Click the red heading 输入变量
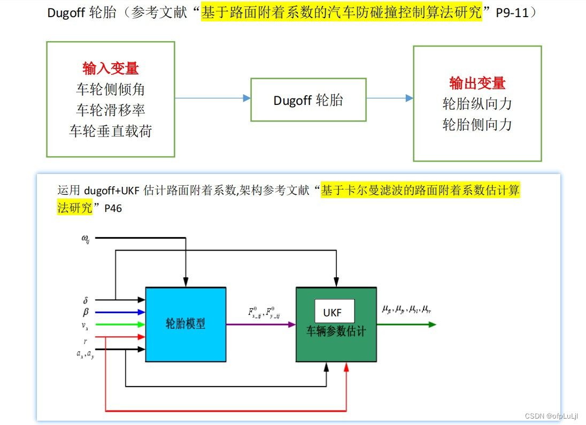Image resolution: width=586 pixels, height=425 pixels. tap(110, 68)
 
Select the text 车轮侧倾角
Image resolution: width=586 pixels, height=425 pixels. tap(110, 89)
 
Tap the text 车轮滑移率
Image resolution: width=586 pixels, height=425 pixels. tap(110, 110)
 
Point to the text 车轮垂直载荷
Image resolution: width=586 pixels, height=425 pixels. tap(110, 131)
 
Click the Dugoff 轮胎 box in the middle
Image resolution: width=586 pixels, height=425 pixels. tap(309, 100)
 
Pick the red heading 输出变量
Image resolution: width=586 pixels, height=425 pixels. tap(477, 83)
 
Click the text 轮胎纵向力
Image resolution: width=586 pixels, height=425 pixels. tap(477, 103)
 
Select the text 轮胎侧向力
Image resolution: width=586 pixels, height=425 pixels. tap(477, 124)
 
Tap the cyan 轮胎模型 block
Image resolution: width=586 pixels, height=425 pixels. tap(185, 323)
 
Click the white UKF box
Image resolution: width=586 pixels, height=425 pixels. tap(334, 311)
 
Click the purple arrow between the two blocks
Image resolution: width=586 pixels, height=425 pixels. tap(260, 324)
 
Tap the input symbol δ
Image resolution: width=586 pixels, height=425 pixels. tap(86, 300)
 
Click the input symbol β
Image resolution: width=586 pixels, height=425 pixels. tap(86, 312)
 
